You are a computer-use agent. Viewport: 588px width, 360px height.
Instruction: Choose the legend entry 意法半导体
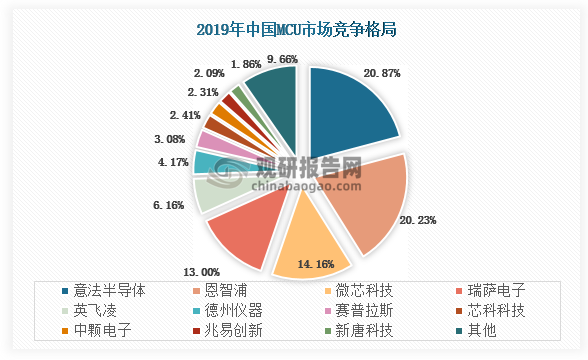click(x=106, y=291)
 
